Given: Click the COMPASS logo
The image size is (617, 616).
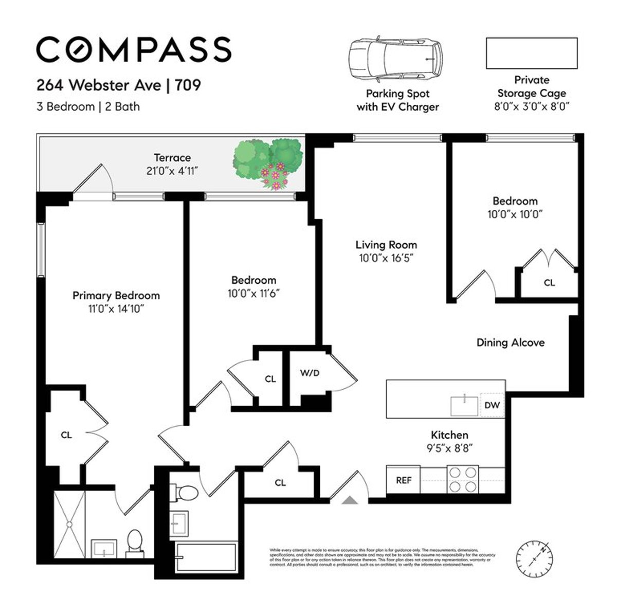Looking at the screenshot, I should (134, 49).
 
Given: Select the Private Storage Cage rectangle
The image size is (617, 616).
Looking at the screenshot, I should (532, 53).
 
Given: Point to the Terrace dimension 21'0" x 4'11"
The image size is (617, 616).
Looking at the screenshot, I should (172, 170).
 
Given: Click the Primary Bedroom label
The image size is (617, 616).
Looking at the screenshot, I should (116, 296).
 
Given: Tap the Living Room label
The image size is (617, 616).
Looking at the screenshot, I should (386, 245).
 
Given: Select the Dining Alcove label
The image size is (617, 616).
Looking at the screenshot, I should (510, 342).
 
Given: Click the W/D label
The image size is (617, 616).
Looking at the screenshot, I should (310, 373).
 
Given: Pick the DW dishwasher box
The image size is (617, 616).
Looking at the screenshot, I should (492, 405).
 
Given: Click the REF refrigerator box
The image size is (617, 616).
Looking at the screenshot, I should (404, 481).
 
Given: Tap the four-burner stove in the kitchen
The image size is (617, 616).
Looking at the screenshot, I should (463, 479).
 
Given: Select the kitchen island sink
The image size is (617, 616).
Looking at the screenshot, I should (464, 406).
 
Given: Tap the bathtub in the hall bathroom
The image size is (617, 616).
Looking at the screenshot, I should (206, 557).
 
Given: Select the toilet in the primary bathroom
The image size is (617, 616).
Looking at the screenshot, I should (135, 544).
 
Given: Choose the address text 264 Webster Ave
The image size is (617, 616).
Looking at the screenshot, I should (98, 84).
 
